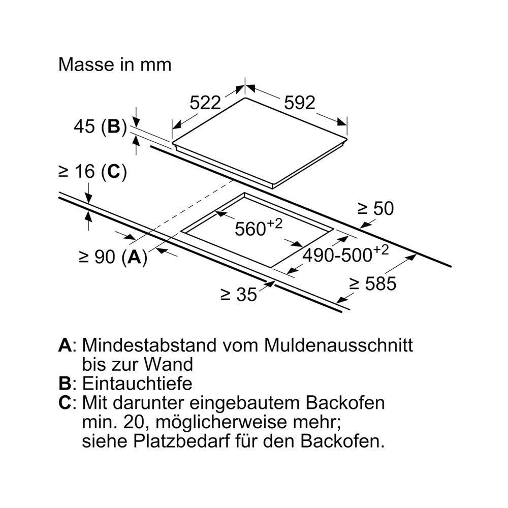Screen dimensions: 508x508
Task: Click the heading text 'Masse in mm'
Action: click(x=115, y=65)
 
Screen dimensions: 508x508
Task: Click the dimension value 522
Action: click(x=205, y=103)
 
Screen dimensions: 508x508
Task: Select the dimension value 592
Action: click(x=299, y=103)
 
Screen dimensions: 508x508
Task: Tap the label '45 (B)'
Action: click(x=101, y=126)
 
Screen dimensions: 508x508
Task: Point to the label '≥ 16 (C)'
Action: click(x=92, y=171)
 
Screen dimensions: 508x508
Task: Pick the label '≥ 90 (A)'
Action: click(x=113, y=257)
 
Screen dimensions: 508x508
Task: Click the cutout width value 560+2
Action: click(x=259, y=227)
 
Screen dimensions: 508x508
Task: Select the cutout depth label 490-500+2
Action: click(x=345, y=253)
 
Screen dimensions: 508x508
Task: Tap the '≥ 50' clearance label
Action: click(x=375, y=208)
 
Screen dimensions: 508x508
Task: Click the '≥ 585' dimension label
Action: click(x=373, y=283)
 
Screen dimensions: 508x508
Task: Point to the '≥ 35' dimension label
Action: click(x=239, y=295)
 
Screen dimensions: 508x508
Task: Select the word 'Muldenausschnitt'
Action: click(x=338, y=345)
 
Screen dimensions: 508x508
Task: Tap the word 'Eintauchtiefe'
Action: click(x=137, y=384)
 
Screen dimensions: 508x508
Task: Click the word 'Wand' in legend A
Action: click(x=169, y=364)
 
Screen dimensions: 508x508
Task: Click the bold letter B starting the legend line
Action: click(x=65, y=384)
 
